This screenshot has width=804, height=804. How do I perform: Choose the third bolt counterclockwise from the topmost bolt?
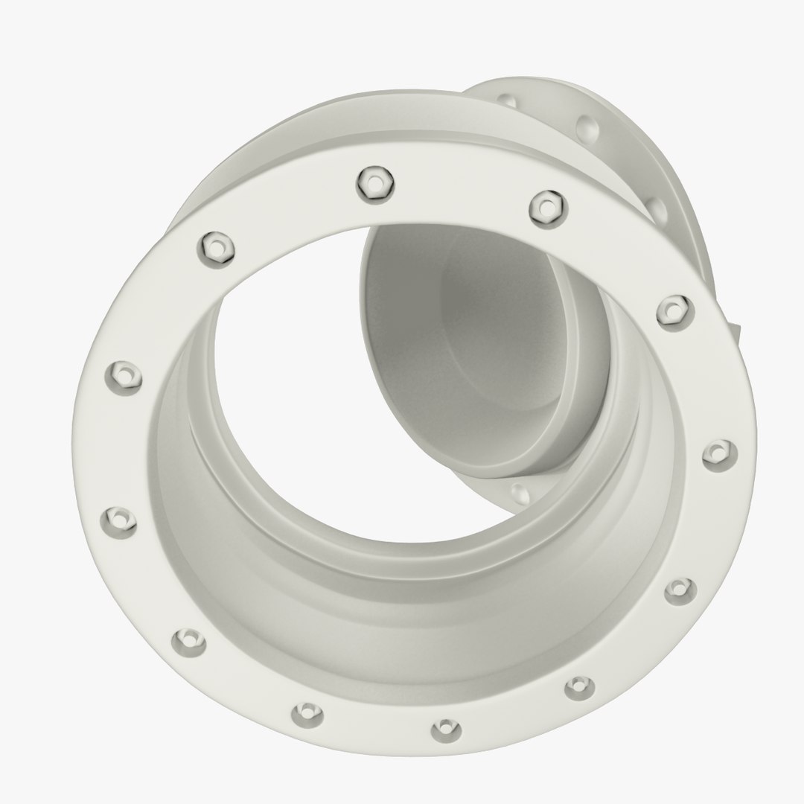(118, 520)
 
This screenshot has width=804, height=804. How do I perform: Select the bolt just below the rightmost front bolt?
(678, 589)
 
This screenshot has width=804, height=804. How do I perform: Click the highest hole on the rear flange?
(506, 100)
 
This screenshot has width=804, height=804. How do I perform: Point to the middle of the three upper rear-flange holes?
(587, 127)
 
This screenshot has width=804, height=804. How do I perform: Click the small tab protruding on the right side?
(736, 332)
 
